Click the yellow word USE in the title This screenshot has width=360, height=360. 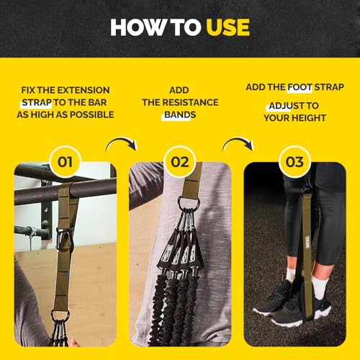coord(228,27)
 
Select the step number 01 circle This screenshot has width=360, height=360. coord(65,162)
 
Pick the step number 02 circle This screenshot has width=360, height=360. coord(180,162)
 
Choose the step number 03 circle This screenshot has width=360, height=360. coord(294,162)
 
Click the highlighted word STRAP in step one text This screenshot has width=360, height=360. coord(37,102)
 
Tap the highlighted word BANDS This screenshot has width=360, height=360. coord(180,114)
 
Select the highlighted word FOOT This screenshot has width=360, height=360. coord(300,87)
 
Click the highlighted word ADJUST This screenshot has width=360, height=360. coord(280,106)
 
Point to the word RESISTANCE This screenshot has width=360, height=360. coord(191,102)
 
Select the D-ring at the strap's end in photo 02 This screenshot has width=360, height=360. coord(189,204)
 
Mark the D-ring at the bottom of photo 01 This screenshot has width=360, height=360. coord(60,316)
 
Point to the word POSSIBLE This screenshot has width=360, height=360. coord(92,114)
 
